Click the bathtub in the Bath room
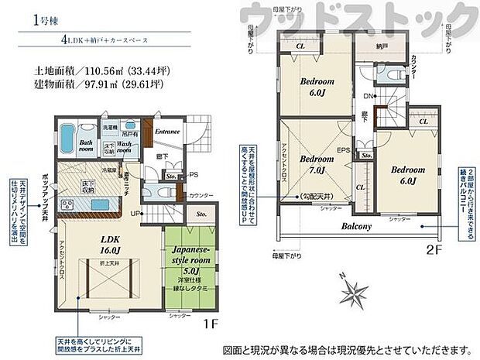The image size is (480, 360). pyautogui.click(x=67, y=139)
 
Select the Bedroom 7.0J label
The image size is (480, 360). pyautogui.click(x=316, y=164)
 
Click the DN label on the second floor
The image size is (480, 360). pyautogui.click(x=366, y=97)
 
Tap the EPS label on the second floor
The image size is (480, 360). pyautogui.click(x=342, y=150)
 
